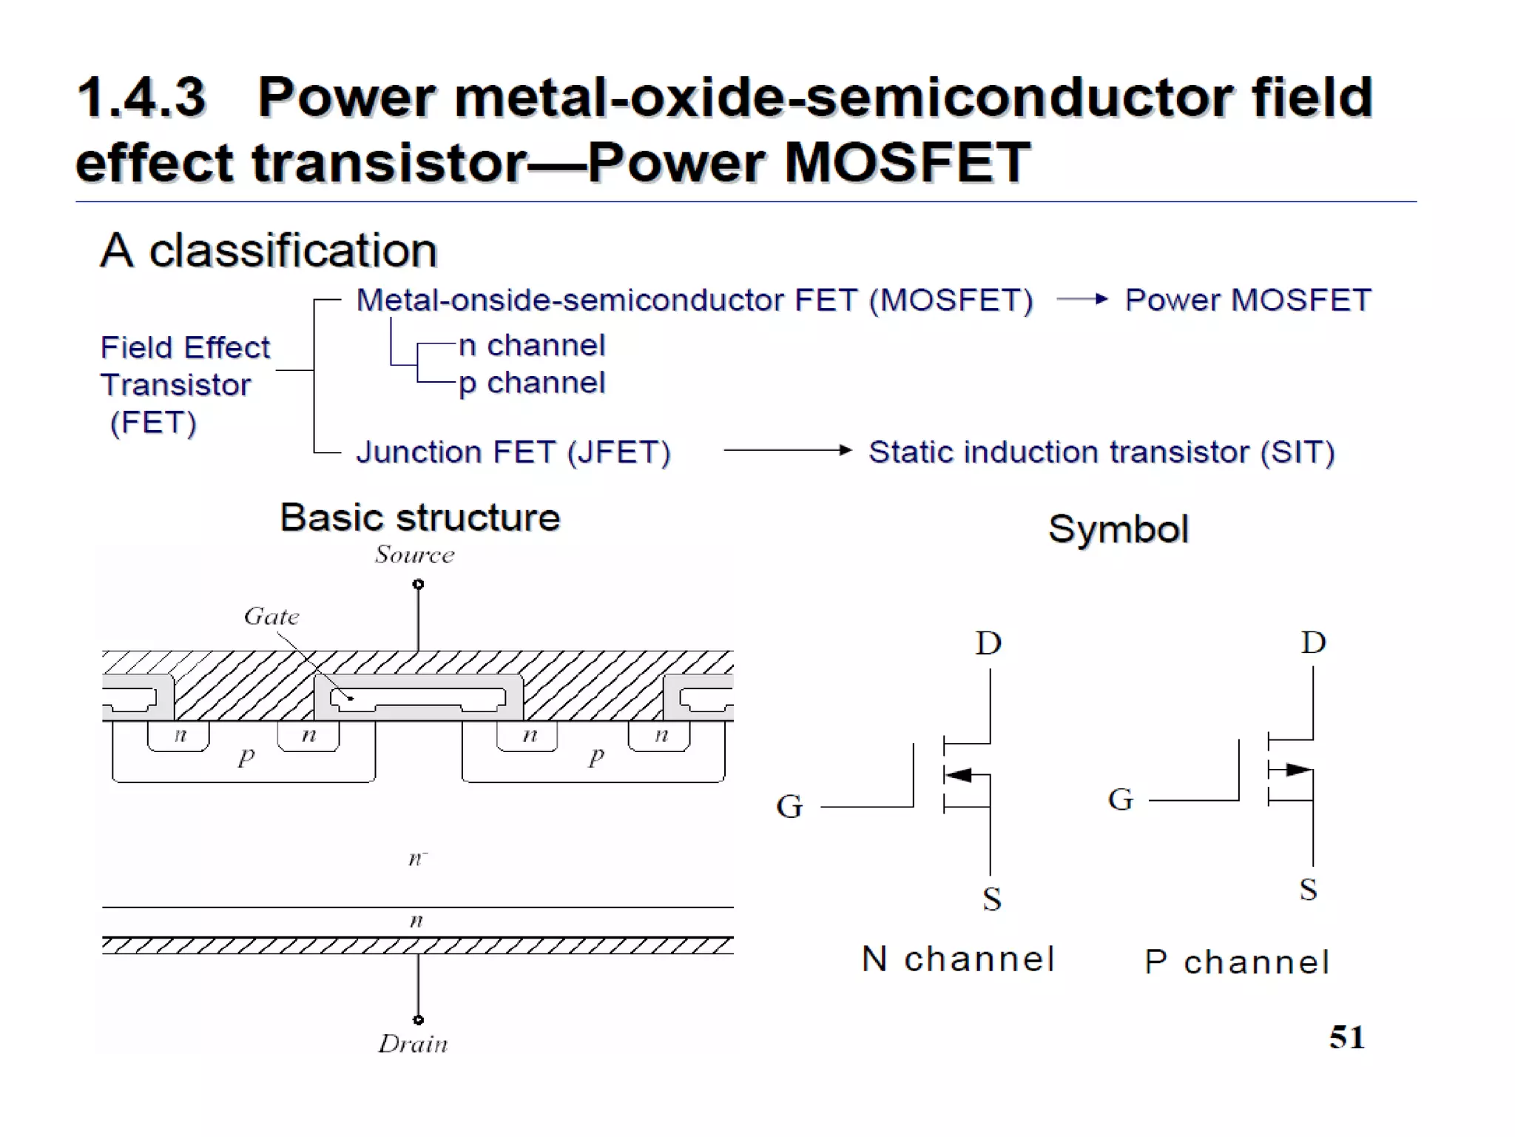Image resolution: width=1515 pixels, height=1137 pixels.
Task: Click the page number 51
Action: (x=1346, y=1037)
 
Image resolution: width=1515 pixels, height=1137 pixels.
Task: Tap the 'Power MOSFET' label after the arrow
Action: (x=1248, y=300)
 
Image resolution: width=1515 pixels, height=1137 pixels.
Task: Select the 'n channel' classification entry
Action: (x=531, y=345)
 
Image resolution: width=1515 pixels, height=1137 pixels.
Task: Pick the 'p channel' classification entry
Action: (x=531, y=383)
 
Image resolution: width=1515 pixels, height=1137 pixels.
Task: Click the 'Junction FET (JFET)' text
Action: (x=513, y=452)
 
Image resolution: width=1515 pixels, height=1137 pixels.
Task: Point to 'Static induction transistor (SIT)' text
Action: (x=1101, y=452)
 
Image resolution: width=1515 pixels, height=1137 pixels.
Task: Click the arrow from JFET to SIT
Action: (x=787, y=450)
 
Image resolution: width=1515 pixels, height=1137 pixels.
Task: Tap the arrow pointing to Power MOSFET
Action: (x=1082, y=299)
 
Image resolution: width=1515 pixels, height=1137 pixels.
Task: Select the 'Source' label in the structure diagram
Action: (x=414, y=554)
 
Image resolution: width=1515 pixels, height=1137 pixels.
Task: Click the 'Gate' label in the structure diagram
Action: (x=271, y=616)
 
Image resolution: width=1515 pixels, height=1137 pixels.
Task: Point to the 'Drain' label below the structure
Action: (x=413, y=1044)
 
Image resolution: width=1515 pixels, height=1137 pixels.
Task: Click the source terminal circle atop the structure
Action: (x=418, y=584)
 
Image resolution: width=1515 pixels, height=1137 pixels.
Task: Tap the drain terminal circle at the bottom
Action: (x=418, y=1020)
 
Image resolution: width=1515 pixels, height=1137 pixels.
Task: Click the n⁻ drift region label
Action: (x=417, y=859)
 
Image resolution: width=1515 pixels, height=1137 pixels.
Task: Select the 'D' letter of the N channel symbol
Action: (x=988, y=643)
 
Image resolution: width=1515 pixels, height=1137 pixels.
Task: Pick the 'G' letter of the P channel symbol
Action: (x=1120, y=799)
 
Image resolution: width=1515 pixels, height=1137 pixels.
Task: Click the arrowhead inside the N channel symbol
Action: (x=959, y=775)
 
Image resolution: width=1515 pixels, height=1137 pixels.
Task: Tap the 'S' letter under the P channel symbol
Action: (x=1308, y=889)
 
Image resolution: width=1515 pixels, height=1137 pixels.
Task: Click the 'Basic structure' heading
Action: (x=419, y=517)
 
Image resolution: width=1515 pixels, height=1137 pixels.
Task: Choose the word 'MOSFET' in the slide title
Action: (x=907, y=162)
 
